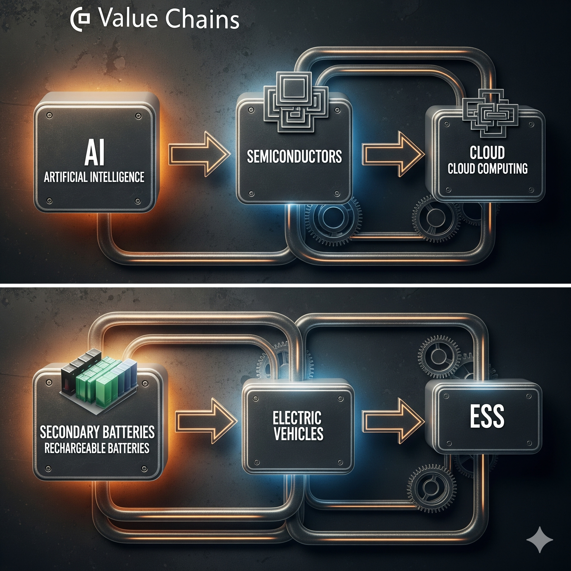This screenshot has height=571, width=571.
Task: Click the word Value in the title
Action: (128, 18)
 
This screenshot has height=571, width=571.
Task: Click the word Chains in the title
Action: (202, 18)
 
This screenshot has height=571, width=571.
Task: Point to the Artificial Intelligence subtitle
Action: (94, 177)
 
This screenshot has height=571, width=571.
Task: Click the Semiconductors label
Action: (294, 157)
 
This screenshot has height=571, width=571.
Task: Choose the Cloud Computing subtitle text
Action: (487, 168)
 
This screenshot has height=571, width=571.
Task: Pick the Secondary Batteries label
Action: (97, 432)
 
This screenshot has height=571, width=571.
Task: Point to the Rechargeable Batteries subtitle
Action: (97, 448)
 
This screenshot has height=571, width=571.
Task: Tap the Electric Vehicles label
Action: (297, 425)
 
